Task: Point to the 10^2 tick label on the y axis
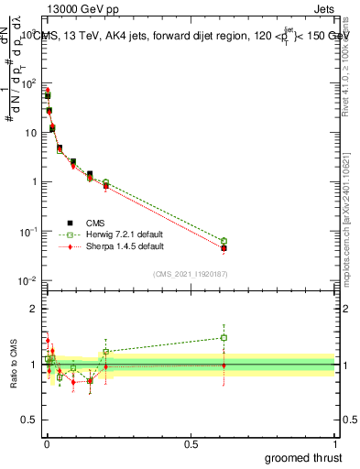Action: (27, 83)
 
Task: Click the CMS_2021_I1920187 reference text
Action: (189, 274)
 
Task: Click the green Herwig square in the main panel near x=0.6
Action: (224, 241)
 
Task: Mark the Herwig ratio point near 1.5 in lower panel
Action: (224, 337)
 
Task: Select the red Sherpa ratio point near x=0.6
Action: (224, 365)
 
